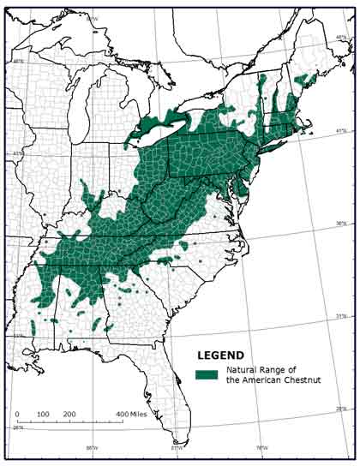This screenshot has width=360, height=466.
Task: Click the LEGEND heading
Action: click(x=221, y=355)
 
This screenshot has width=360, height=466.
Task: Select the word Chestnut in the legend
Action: click(x=299, y=379)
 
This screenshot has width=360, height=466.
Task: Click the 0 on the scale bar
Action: click(x=18, y=414)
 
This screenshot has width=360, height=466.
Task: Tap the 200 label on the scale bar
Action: click(x=69, y=414)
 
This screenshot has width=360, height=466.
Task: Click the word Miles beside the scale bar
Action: click(x=138, y=414)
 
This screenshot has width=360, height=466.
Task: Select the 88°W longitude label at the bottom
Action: click(x=91, y=447)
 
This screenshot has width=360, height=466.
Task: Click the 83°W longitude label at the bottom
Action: click(x=177, y=447)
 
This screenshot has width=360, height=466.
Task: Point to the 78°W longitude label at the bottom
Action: click(x=262, y=447)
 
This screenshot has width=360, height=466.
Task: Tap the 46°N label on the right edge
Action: click(x=341, y=37)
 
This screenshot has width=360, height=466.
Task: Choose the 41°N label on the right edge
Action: click(x=341, y=131)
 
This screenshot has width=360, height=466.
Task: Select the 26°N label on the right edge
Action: click(x=341, y=409)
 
